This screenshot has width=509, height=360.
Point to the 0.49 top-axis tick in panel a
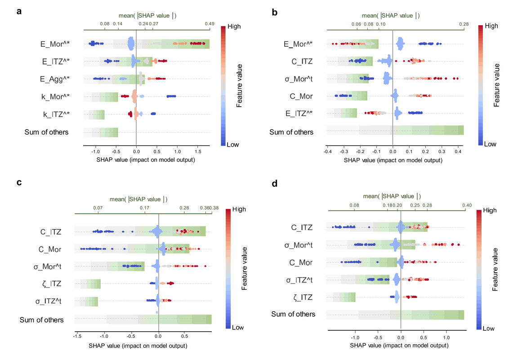(x=209, y=23)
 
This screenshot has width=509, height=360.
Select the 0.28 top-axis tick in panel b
(x=464, y=23)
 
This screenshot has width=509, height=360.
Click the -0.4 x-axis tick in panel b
(x=326, y=152)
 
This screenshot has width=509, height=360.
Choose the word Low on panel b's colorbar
(x=491, y=144)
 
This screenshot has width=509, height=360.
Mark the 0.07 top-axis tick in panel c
(x=98, y=208)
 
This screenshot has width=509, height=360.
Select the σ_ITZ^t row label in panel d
(x=299, y=280)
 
